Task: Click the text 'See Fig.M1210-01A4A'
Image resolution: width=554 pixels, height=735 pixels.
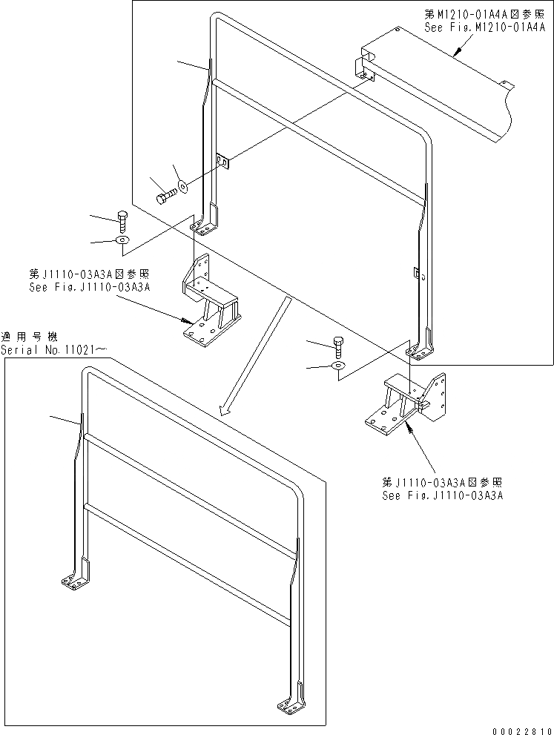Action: (484, 26)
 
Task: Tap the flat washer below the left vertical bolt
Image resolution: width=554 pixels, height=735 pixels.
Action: (123, 240)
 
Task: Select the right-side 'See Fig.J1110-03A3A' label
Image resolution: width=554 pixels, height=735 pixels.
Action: (442, 495)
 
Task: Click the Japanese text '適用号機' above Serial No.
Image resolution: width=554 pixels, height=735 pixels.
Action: (25, 336)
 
